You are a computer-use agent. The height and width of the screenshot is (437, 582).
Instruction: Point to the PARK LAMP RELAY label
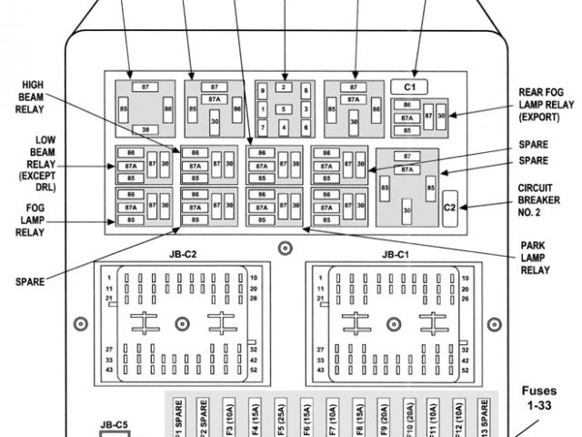click(534, 258)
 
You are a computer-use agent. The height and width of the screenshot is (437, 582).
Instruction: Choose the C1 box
click(409, 86)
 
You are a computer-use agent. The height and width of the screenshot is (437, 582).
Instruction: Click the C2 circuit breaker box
click(449, 208)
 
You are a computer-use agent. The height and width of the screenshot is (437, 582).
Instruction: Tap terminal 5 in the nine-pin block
click(284, 109)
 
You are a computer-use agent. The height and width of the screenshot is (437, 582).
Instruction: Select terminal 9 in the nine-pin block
click(263, 91)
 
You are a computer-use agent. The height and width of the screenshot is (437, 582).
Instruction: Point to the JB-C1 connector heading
click(395, 254)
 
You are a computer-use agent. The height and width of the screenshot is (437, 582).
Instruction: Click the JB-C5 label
click(114, 423)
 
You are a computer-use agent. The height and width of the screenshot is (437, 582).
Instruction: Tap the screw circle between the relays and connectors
click(285, 247)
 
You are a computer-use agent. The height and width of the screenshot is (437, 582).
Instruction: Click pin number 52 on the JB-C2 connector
click(254, 371)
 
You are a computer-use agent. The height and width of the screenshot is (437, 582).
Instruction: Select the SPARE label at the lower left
click(29, 281)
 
